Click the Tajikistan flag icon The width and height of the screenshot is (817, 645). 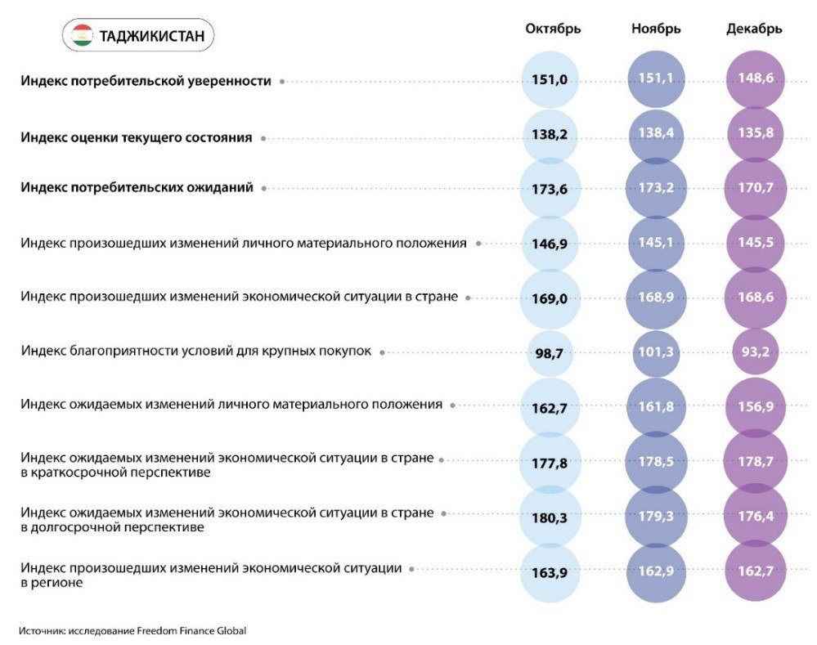(81, 35)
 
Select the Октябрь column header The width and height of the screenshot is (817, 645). (553, 29)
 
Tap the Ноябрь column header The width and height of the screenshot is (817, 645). (656, 29)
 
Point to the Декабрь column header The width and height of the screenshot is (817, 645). (754, 29)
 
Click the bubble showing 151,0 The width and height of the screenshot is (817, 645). (550, 80)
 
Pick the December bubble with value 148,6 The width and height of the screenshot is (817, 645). (755, 79)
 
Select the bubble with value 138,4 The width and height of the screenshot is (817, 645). (656, 134)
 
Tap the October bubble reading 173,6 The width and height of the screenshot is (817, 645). (550, 189)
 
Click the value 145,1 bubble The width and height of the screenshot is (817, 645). (656, 244)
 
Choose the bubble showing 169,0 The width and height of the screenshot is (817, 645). (550, 298)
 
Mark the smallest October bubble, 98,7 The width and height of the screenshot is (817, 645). (550, 353)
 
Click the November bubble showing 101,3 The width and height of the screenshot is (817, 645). (656, 353)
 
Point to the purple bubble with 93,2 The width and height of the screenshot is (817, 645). (755, 353)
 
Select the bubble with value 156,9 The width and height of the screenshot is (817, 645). (755, 406)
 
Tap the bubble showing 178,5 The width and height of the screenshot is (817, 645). (656, 462)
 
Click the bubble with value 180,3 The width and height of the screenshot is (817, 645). (550, 517)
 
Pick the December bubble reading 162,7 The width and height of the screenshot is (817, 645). (755, 571)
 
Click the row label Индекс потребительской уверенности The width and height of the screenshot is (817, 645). (146, 81)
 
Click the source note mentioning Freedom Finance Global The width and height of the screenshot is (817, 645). (132, 630)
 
